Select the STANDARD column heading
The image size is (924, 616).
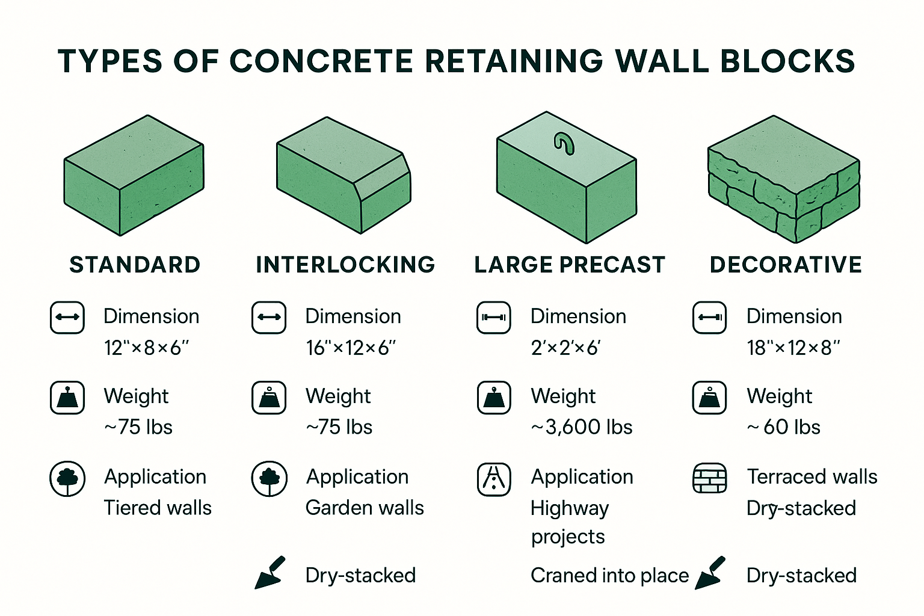tap(135, 265)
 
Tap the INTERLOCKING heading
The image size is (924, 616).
tap(345, 265)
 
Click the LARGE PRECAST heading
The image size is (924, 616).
tap(570, 265)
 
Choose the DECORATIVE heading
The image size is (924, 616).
tap(786, 265)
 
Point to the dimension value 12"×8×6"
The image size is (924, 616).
tap(146, 348)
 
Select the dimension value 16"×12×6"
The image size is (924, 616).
tap(351, 348)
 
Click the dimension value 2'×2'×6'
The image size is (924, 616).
tap(565, 348)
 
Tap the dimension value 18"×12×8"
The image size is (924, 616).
tap(793, 348)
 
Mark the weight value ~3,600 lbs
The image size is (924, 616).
tap(582, 427)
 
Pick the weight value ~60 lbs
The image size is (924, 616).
tap(784, 427)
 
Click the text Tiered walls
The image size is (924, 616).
tap(158, 508)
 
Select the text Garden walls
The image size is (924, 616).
tap(365, 508)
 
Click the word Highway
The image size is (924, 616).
tap(570, 509)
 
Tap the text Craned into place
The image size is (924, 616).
tap(609, 576)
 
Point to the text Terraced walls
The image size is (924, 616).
tap(812, 476)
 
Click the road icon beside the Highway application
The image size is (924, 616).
tap(494, 479)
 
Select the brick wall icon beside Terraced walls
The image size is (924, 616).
tap(710, 479)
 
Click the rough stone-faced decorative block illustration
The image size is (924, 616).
tap(783, 179)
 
